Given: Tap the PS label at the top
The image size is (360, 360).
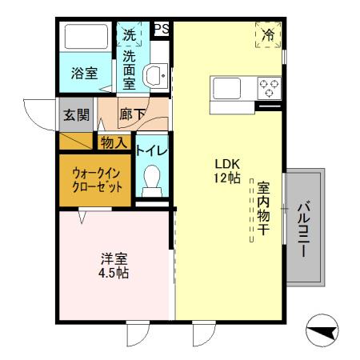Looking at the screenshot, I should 161,29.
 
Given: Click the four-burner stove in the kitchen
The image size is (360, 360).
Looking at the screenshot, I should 268,86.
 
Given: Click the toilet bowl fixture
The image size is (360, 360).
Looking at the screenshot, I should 150,180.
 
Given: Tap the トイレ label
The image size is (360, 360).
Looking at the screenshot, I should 151,150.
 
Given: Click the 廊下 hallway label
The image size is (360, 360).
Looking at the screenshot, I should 133,114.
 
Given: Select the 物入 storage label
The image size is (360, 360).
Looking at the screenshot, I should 114,142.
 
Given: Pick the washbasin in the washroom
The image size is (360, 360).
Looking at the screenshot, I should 153,74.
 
